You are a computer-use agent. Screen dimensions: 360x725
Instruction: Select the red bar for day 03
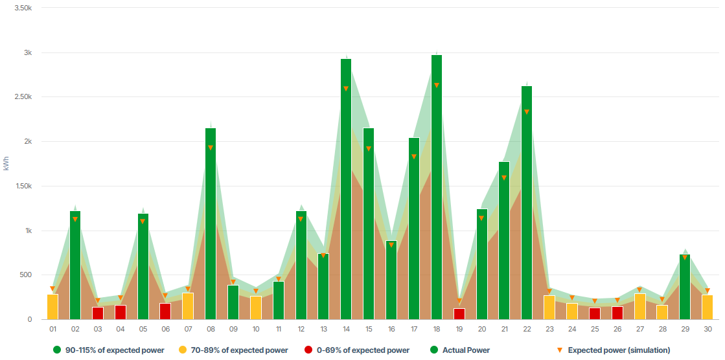(98, 313)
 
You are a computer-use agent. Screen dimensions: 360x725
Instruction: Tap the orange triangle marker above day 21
(504, 178)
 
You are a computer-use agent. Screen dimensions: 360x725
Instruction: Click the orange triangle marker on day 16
(391, 245)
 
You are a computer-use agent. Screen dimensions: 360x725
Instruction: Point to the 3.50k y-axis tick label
(23, 8)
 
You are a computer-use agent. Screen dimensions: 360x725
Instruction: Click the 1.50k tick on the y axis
(23, 186)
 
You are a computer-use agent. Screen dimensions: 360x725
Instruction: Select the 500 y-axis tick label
(25, 275)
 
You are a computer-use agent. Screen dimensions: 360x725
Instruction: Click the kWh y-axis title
(6, 164)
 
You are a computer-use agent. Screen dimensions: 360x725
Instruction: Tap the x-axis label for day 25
(594, 330)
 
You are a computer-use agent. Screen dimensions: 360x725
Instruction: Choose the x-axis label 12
(301, 330)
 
